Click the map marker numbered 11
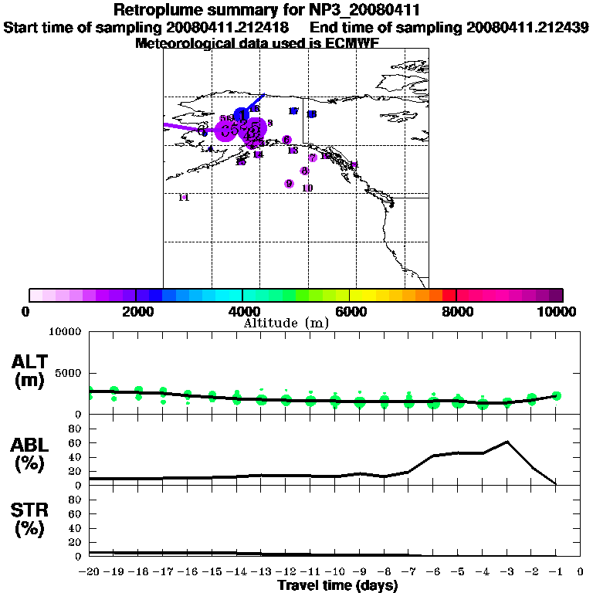(x=184, y=198)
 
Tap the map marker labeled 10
(x=307, y=188)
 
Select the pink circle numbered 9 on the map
(x=289, y=184)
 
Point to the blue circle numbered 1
(x=242, y=115)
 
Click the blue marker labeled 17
(x=293, y=111)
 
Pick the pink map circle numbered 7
(x=313, y=158)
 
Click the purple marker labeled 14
(x=258, y=154)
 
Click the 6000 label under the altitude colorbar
(x=350, y=311)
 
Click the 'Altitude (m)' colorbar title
(x=286, y=324)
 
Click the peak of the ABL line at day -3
(x=507, y=442)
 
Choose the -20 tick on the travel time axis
(x=90, y=571)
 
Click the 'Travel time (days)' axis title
(x=337, y=585)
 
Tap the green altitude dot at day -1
(x=556, y=395)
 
